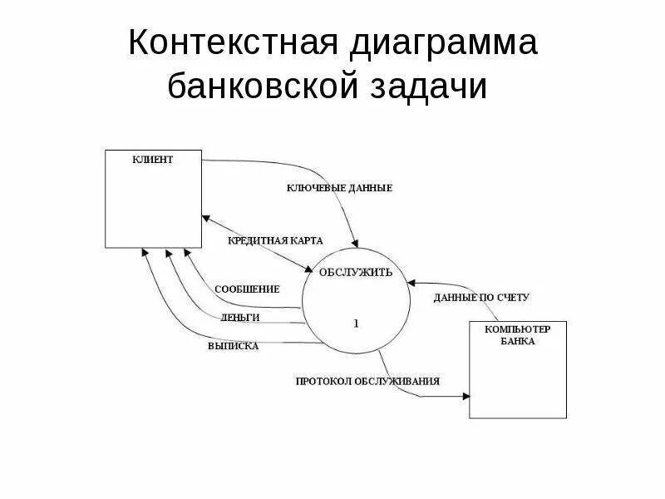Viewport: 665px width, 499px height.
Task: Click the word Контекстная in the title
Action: click(226, 43)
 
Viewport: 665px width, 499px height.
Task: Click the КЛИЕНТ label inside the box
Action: click(153, 160)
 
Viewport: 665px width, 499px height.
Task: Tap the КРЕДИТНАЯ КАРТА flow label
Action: click(275, 240)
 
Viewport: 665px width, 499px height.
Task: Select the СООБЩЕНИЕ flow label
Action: click(247, 289)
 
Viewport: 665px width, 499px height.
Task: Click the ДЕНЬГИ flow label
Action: click(241, 317)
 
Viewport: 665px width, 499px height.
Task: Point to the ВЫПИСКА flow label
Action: click(234, 346)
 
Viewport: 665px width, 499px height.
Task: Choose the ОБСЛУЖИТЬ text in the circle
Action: click(357, 272)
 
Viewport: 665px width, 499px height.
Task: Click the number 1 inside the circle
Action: click(356, 324)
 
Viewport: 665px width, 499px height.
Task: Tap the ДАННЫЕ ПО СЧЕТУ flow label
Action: click(481, 297)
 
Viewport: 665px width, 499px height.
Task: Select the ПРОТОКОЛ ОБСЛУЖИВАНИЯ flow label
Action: click(367, 381)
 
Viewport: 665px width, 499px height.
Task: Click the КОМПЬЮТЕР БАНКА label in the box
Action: click(517, 335)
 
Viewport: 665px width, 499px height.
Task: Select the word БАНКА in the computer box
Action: click(517, 341)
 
